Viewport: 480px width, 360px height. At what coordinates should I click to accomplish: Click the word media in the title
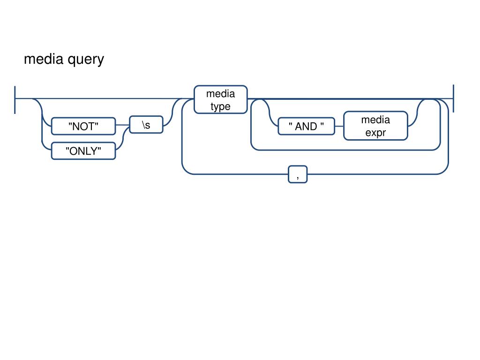tap(44, 59)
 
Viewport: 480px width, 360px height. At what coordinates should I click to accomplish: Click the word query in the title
tap(86, 60)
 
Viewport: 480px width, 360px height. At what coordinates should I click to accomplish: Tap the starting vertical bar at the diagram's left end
tap(15, 100)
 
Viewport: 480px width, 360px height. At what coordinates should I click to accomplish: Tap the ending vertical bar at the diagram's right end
tap(453, 98)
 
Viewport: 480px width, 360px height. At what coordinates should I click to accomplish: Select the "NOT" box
tap(83, 126)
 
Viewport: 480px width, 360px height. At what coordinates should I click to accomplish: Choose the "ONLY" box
tap(83, 151)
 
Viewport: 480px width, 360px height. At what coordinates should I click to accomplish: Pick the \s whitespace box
tap(146, 125)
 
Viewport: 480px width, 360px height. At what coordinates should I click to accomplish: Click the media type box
tap(220, 99)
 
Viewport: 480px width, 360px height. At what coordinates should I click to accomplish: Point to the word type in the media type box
tap(220, 106)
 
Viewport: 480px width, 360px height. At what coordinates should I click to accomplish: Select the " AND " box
tap(306, 126)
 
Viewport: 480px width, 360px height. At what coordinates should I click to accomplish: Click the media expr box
tap(375, 126)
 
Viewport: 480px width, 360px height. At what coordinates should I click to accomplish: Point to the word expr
tap(375, 133)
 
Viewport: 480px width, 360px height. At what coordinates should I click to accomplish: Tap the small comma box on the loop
tap(298, 174)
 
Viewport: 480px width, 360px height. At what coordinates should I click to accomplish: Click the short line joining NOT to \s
tap(122, 125)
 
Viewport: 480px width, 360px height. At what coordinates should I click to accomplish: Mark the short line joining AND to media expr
tap(339, 126)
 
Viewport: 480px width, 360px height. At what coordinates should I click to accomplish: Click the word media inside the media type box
tap(220, 94)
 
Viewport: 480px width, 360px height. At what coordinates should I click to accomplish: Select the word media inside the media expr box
tap(375, 120)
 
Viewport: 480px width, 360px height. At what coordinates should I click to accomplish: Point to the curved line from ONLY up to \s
tap(122, 138)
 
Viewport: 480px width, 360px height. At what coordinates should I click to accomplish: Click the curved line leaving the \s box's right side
tap(172, 112)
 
